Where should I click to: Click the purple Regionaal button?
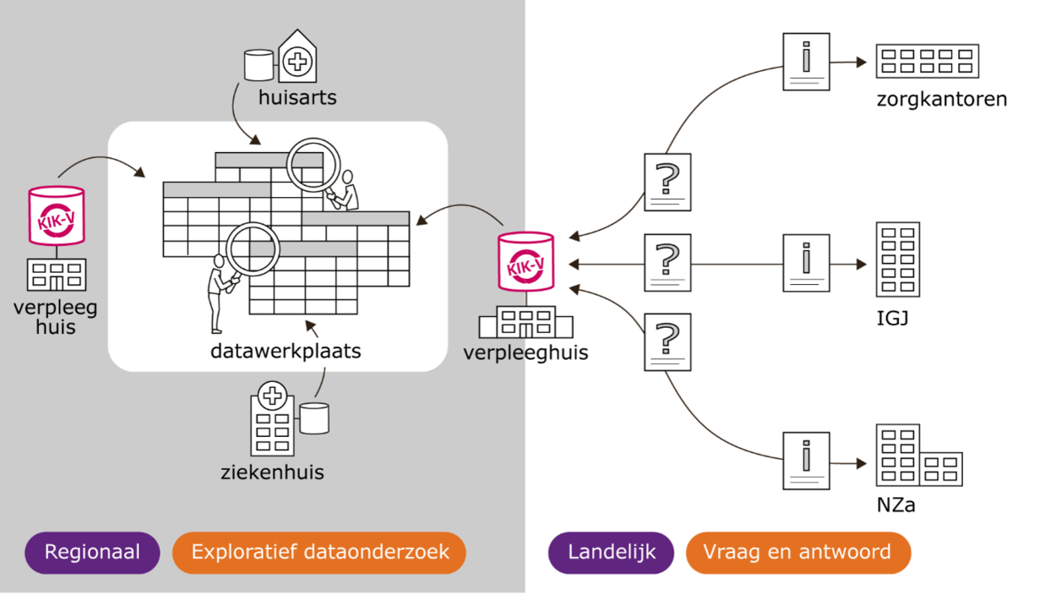tap(92, 553)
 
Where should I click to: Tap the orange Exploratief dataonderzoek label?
tap(319, 553)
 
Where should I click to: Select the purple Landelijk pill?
tap(611, 553)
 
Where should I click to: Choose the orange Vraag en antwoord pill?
tap(798, 553)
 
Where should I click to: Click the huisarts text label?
tap(297, 97)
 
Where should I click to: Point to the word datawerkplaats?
tap(286, 352)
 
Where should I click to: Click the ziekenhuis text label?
tap(273, 472)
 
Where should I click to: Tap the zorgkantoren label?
tap(941, 100)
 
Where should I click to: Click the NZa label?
tap(895, 505)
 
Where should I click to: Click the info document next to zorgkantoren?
tap(806, 62)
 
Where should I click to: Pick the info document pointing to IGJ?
tap(806, 263)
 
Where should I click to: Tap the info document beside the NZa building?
tap(806, 461)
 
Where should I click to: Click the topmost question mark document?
tap(667, 182)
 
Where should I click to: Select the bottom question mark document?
tap(667, 342)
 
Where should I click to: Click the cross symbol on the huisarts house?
tap(297, 62)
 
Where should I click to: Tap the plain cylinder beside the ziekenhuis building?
tap(314, 418)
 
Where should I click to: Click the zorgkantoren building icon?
tap(928, 62)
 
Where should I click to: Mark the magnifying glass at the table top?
tap(314, 166)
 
